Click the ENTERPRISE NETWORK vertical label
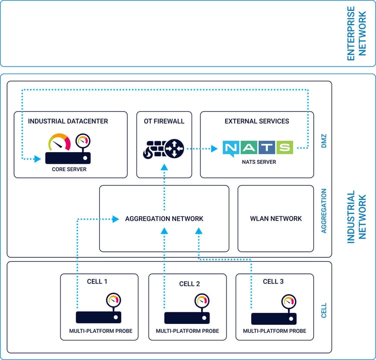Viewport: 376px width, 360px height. click(x=358, y=34)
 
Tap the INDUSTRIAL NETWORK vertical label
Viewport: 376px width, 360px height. click(x=358, y=217)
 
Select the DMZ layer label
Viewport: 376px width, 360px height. click(x=323, y=145)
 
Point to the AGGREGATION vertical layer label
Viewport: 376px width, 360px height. click(x=323, y=211)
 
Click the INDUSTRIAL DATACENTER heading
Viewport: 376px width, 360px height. click(x=68, y=121)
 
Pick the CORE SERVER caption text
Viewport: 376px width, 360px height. click(x=69, y=169)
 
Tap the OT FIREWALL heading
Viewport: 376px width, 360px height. click(x=164, y=121)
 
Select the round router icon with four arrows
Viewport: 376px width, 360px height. click(x=174, y=148)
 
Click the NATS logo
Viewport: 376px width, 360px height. click(x=257, y=148)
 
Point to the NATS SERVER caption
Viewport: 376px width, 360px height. click(x=257, y=162)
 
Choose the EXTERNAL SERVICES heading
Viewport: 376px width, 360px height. click(x=257, y=121)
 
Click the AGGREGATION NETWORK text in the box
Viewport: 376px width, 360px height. click(x=164, y=219)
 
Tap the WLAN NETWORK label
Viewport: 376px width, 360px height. click(x=276, y=219)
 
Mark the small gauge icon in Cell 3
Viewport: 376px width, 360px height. click(x=289, y=301)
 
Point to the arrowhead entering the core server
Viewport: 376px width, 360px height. click(x=38, y=160)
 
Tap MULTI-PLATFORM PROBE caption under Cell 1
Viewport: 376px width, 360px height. click(x=99, y=331)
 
